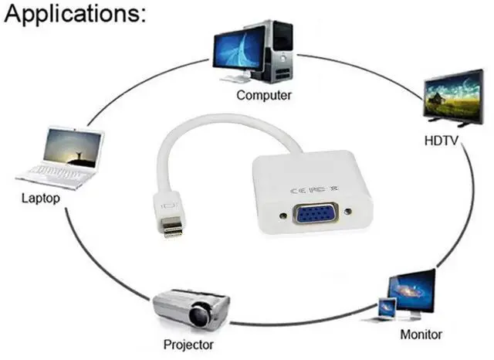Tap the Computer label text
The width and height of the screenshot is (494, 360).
coord(264,96)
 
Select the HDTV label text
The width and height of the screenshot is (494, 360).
coord(442,141)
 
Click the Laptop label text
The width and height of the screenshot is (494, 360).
coord(41,199)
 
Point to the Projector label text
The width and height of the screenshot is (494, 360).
coord(188,344)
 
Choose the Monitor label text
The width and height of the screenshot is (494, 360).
coord(421,335)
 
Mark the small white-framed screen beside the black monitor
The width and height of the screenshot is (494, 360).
coord(387,308)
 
